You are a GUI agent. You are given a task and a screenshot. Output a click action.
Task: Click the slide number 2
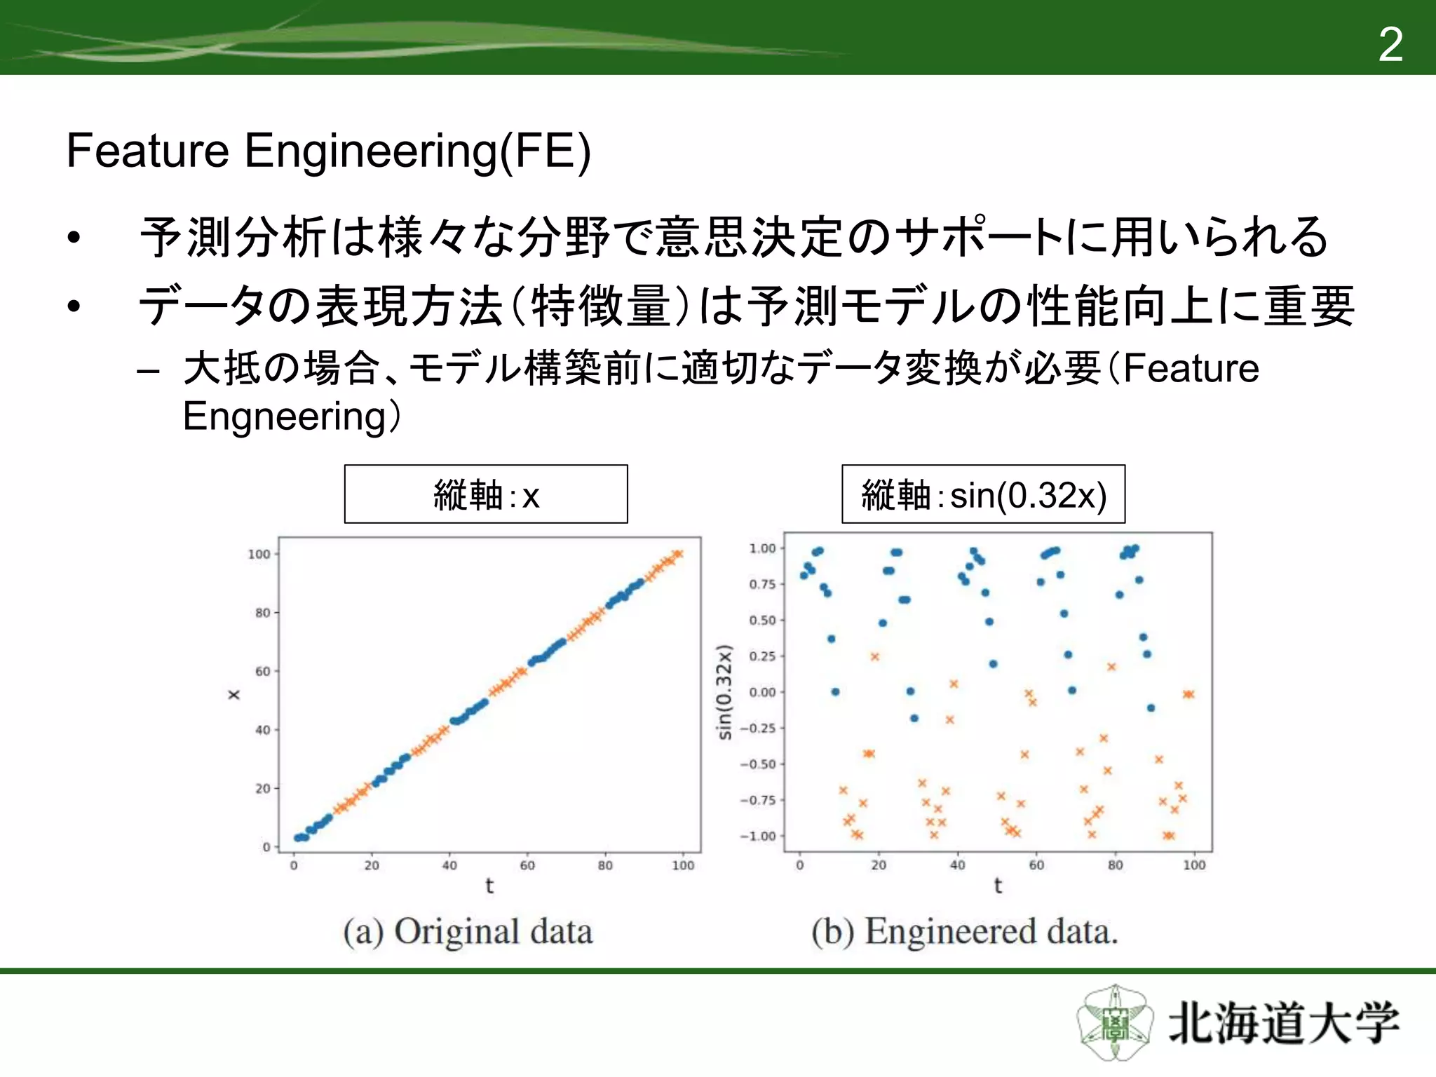pos(1390,45)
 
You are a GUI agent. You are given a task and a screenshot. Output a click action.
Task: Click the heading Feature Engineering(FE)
pos(328,151)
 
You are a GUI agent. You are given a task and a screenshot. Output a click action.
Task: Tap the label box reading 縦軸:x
pos(486,494)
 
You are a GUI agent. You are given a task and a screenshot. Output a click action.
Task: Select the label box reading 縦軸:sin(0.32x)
pos(983,494)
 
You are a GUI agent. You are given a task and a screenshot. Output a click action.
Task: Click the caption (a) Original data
pos(468,932)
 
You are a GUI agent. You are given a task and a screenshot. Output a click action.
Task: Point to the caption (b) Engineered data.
pos(965,932)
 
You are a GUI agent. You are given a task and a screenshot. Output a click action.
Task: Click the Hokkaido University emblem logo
pos(1115,1023)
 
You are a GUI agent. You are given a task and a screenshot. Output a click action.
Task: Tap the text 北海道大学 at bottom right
pos(1283,1023)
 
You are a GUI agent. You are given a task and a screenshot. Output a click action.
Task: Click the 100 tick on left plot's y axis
pos(259,554)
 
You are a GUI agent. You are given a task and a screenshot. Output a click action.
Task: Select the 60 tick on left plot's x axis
pos(527,866)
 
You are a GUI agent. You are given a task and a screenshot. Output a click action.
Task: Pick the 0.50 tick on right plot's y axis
pos(762,621)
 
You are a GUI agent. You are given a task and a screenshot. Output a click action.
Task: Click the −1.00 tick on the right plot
pos(758,836)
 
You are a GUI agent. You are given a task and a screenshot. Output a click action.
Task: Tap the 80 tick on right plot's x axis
pos(1115,866)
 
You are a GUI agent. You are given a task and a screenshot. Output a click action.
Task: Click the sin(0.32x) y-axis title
pos(724,692)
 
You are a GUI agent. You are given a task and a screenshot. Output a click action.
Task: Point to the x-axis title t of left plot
pos(489,886)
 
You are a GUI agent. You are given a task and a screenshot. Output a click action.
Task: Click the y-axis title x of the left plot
pos(234,694)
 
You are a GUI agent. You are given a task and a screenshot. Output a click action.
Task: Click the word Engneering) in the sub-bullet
pos(291,416)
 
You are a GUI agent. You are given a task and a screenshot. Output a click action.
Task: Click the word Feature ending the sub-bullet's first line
pos(1191,368)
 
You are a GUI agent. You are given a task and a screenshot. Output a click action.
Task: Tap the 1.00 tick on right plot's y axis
pos(762,548)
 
